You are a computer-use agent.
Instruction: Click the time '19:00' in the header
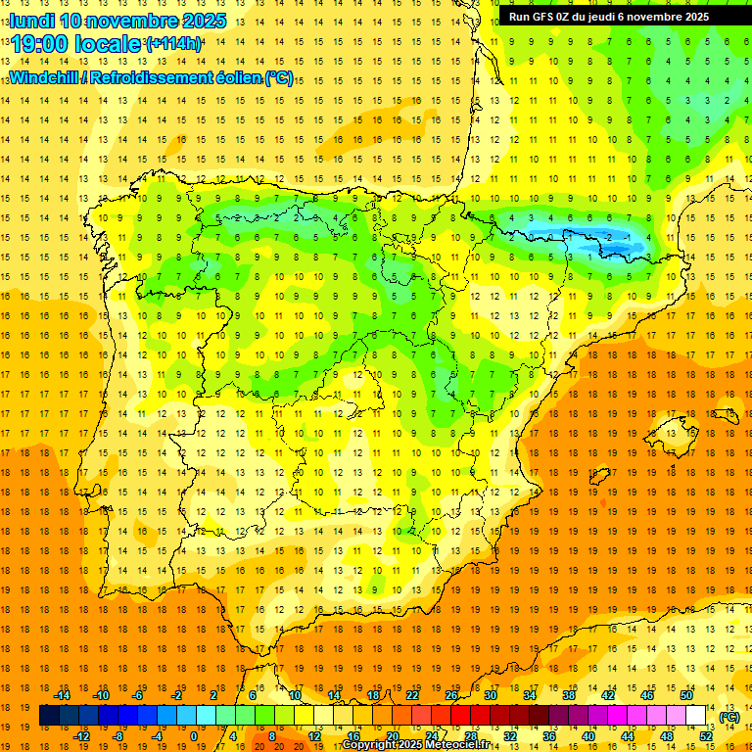(40, 44)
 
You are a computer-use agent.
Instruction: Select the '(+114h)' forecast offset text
(173, 44)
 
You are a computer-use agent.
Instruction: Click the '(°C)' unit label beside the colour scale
(729, 717)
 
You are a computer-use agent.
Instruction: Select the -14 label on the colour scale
(63, 695)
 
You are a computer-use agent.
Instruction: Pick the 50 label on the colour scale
(686, 695)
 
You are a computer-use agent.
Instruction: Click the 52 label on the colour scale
(706, 735)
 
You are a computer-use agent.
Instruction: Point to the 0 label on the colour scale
(194, 735)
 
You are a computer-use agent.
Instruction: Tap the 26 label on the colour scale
(451, 695)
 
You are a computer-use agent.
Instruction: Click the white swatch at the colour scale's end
(696, 716)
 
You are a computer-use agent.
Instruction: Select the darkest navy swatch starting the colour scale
(49, 716)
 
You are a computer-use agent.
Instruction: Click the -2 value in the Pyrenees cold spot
(610, 237)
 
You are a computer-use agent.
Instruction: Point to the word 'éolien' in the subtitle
(238, 78)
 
